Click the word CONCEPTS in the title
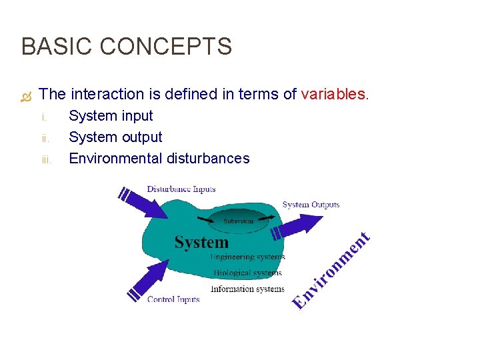click(x=166, y=47)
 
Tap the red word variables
click(x=334, y=95)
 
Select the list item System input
click(x=111, y=116)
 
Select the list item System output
click(x=115, y=137)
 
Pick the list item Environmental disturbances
click(x=159, y=159)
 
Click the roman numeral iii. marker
click(x=46, y=159)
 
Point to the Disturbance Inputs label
click(x=181, y=189)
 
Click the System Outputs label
click(x=311, y=205)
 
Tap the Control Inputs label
click(x=173, y=299)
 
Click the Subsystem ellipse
click(x=238, y=221)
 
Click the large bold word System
click(x=201, y=242)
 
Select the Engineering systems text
click(x=247, y=257)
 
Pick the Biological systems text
click(x=247, y=273)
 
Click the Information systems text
click(x=247, y=289)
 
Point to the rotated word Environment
click(x=331, y=270)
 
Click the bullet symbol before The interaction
click(x=26, y=96)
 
